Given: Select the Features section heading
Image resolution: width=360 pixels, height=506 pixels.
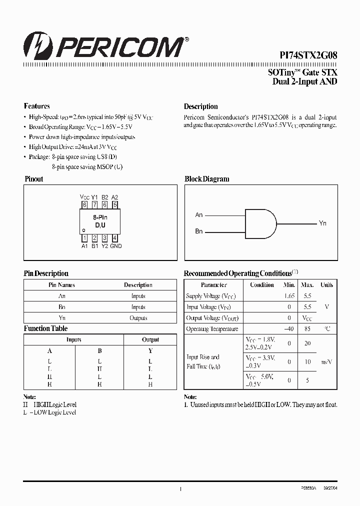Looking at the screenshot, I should click(37, 106).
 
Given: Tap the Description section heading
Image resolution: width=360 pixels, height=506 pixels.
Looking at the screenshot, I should click(201, 106).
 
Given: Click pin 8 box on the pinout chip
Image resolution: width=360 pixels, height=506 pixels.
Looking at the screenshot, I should click(84, 204).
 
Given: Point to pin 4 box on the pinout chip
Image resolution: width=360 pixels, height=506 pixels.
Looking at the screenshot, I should click(115, 238).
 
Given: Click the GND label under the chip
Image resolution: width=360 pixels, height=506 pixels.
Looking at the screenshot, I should click(116, 246).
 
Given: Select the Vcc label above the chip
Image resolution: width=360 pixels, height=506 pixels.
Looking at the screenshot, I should click(84, 197).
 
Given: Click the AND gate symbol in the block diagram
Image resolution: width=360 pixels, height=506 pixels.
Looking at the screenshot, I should click(260, 223).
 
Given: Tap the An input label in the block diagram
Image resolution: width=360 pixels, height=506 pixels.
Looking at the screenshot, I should click(199, 215).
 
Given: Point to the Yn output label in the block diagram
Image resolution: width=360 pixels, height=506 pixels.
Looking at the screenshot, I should click(322, 223).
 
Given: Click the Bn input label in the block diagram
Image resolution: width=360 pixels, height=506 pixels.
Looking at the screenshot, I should click(199, 232).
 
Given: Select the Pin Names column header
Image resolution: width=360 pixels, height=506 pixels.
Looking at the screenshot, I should click(61, 285).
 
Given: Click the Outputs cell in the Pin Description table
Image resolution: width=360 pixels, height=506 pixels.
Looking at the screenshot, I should click(138, 318).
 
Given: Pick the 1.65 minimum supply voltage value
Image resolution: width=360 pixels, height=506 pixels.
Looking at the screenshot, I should click(289, 296).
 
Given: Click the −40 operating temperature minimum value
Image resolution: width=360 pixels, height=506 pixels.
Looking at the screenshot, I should click(288, 329).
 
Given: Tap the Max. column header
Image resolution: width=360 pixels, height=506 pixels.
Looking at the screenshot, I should click(307, 285).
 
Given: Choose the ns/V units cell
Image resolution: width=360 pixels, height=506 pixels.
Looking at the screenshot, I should click(326, 361).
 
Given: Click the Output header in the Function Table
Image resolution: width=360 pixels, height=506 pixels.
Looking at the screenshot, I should click(150, 340).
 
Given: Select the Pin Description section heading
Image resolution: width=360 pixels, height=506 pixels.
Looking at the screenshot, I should click(46, 273).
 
